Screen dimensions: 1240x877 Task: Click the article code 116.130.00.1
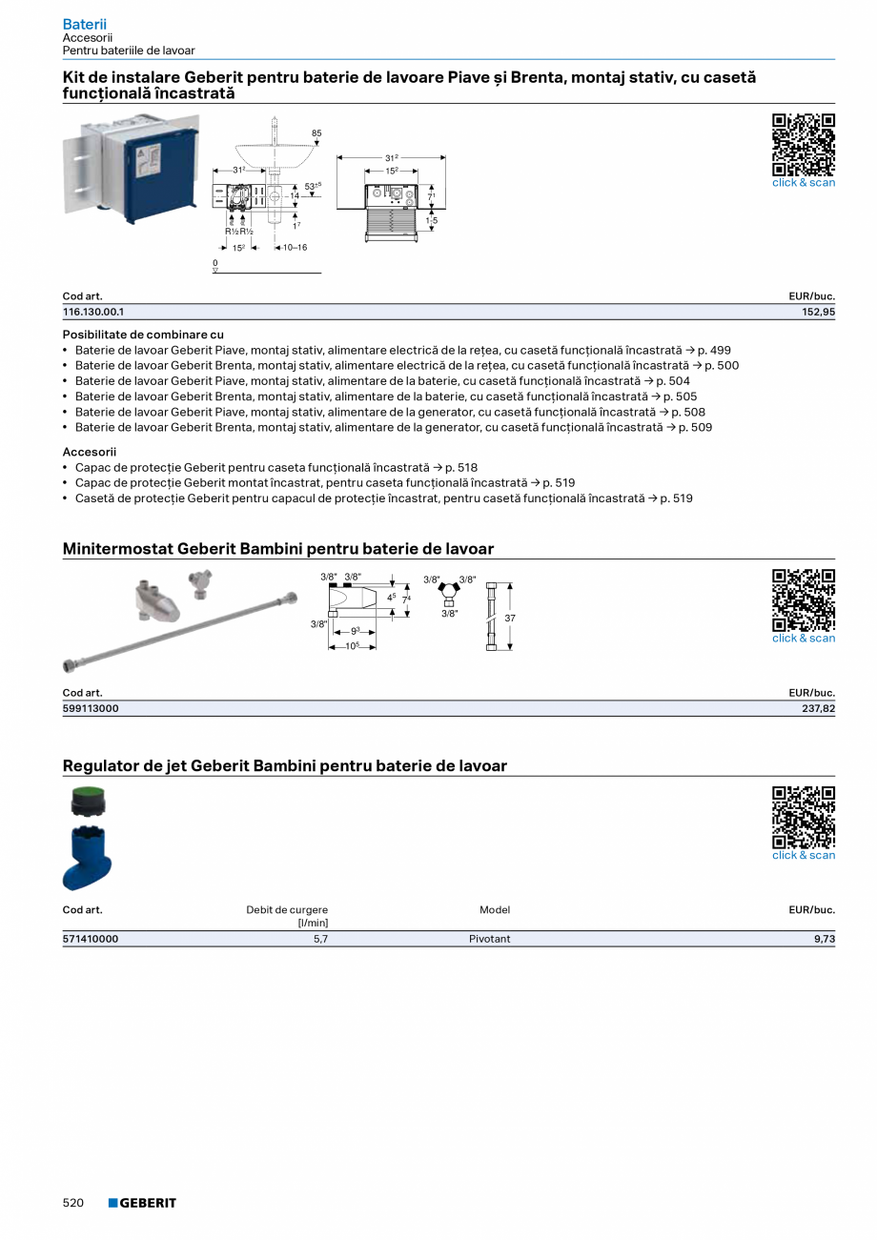coord(93,312)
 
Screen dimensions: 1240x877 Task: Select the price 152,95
coord(818,312)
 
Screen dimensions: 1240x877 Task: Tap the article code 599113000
coord(91,708)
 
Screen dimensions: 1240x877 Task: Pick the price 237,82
coord(818,708)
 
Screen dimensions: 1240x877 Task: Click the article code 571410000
coord(91,939)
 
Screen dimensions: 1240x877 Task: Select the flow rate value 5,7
coord(320,939)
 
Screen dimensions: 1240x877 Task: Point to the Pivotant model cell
coord(489,939)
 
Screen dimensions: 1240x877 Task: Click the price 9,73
coord(824,939)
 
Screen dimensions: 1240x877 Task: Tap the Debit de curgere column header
coord(287,910)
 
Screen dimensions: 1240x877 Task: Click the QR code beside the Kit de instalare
coord(803,145)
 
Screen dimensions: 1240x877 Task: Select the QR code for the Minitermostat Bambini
coord(803,600)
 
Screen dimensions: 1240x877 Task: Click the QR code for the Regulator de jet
coord(803,817)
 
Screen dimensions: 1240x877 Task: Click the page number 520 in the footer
coord(73,1203)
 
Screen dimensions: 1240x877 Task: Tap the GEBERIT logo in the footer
coord(142,1203)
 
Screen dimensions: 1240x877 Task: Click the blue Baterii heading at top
coord(84,24)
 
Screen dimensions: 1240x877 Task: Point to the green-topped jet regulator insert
coord(88,801)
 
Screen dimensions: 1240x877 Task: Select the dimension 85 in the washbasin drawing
coord(316,132)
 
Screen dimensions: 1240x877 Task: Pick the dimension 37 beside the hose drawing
coord(510,618)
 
